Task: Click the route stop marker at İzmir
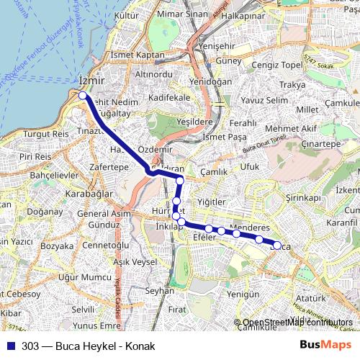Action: tap(83, 95)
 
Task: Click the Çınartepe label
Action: tap(321, 144)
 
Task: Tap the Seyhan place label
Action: tap(160, 291)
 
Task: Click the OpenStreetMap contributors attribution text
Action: tap(297, 323)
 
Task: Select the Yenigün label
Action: tap(243, 294)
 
